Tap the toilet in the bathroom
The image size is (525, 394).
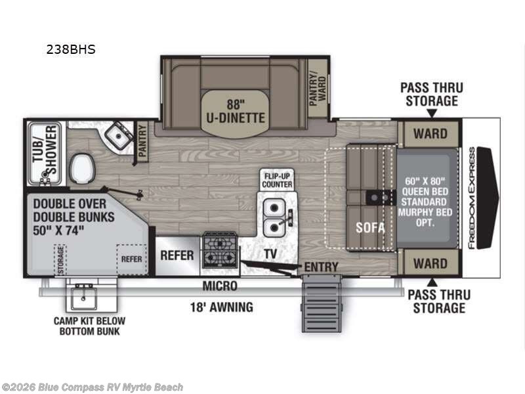coord(82,168)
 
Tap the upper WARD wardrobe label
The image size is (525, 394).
coord(430,134)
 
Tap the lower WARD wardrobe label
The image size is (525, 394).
coord(430,264)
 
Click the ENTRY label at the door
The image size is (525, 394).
coord(321,267)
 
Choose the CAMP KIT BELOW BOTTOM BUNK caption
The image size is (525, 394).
coord(90,327)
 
